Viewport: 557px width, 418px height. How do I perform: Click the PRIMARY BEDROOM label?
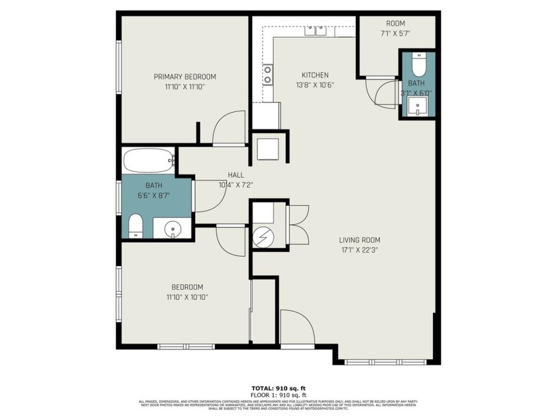[x=185, y=76]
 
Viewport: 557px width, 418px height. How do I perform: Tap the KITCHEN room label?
[x=315, y=75]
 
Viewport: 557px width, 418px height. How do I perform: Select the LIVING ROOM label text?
[x=360, y=240]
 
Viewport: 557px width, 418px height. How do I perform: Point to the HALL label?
[x=235, y=175]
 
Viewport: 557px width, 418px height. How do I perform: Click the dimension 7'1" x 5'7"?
[x=396, y=33]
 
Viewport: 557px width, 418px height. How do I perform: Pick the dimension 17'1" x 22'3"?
[x=360, y=250]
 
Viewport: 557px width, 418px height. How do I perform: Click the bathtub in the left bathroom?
[x=148, y=161]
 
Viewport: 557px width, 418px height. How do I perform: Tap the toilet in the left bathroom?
[x=135, y=226]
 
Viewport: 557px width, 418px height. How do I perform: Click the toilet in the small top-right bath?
[x=418, y=64]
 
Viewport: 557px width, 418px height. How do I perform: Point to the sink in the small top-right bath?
[x=418, y=107]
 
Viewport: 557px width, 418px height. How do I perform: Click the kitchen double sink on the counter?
[x=315, y=31]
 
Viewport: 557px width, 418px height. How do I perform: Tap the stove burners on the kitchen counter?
[x=267, y=74]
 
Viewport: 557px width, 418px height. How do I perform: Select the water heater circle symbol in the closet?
[x=263, y=236]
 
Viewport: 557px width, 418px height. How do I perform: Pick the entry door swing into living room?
[x=296, y=328]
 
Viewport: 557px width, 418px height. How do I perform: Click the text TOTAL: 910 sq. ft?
[x=278, y=387]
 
